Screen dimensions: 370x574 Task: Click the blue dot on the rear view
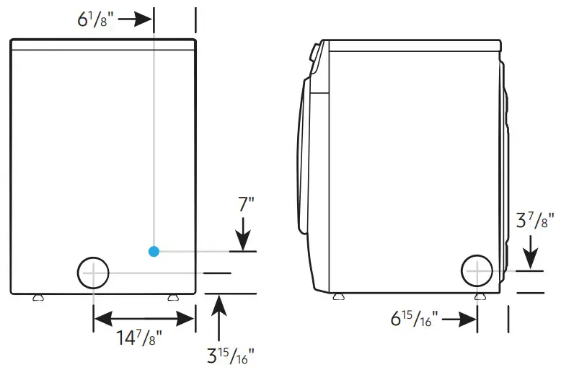154,251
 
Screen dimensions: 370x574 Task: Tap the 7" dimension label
246,204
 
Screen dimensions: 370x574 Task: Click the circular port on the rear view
93,273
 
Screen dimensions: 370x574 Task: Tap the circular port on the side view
477,270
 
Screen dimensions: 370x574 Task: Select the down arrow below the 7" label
243,234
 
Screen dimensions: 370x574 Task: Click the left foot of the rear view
37,296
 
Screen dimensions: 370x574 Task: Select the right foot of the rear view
172,296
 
